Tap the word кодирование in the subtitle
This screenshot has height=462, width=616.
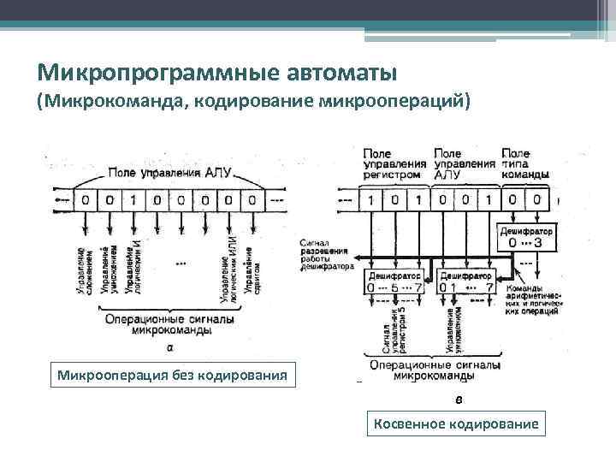252,102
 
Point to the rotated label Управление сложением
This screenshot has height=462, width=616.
86,272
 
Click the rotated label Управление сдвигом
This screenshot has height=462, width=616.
248,272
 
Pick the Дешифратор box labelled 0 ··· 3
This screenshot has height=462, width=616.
525,236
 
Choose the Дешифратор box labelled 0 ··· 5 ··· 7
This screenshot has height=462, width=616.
393,281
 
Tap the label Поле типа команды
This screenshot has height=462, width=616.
525,163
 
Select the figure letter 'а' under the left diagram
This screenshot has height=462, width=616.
169,348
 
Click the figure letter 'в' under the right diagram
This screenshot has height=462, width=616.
459,398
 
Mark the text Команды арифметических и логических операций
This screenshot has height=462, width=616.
536,300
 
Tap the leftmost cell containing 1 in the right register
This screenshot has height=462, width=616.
370,200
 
